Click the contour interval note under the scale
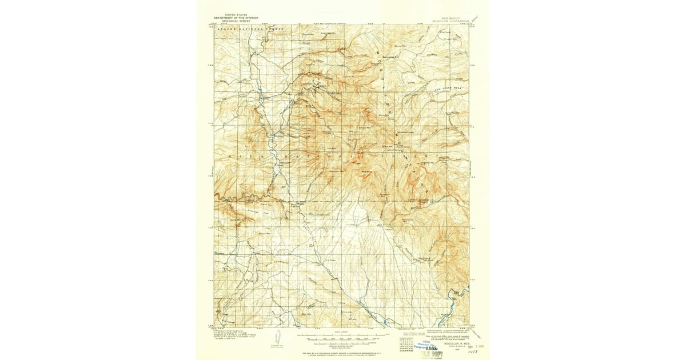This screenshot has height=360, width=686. coord(342,342)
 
